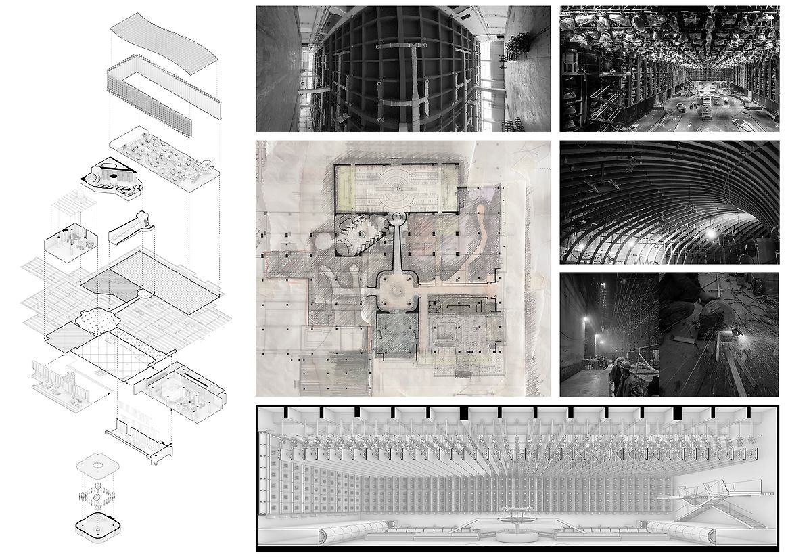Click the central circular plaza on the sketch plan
click(394, 290)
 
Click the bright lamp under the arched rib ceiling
click(710, 233)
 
